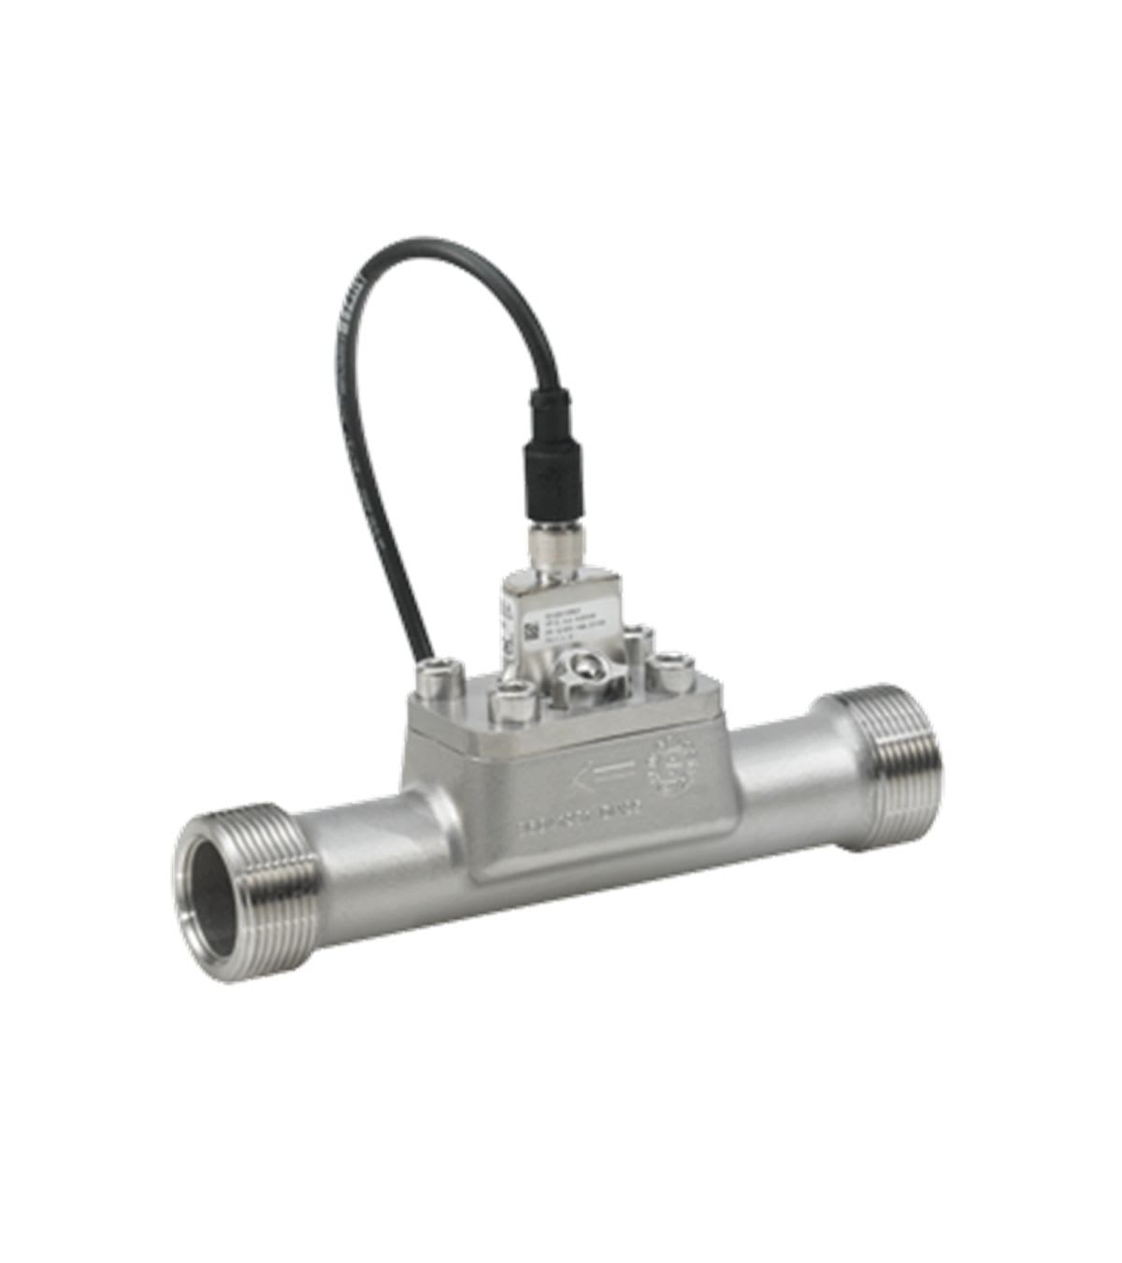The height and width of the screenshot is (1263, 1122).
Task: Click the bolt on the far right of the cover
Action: point(670,674)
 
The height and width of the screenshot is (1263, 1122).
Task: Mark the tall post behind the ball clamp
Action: point(639,646)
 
